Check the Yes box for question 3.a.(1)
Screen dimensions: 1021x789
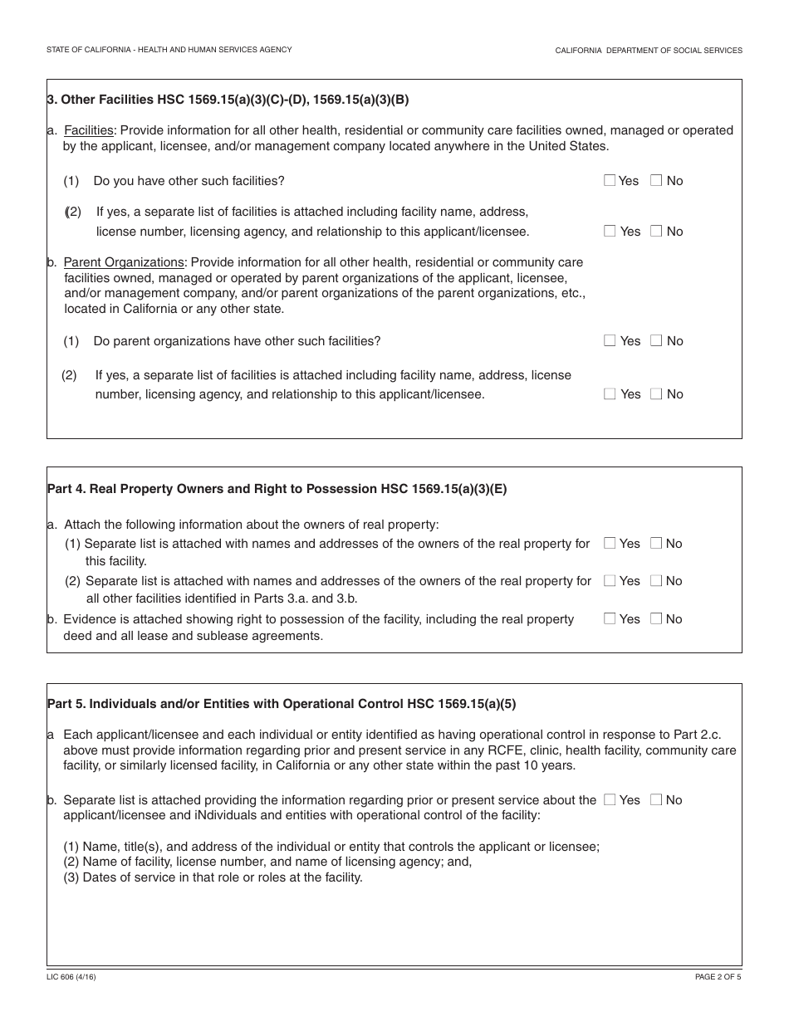[x=610, y=180]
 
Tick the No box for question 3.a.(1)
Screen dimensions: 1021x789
[x=656, y=180]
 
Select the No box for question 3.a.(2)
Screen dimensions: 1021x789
[x=656, y=232]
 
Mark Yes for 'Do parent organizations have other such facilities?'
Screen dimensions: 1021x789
[x=610, y=340]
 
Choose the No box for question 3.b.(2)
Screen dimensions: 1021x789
[x=656, y=393]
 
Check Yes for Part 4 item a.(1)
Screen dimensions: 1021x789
[x=610, y=543]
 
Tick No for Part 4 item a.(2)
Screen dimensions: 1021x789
[x=656, y=581]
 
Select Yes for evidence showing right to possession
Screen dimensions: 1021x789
[x=610, y=618]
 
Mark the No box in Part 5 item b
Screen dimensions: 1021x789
[x=656, y=799]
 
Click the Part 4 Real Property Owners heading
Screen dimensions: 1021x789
[x=277, y=489]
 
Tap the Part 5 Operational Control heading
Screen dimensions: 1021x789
[x=282, y=704]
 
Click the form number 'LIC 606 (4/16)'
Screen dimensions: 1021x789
[x=71, y=977]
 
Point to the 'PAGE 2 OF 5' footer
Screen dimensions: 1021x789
[x=718, y=977]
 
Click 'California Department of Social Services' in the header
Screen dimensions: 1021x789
[x=649, y=51]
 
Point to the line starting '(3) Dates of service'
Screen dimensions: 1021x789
[x=213, y=877]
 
